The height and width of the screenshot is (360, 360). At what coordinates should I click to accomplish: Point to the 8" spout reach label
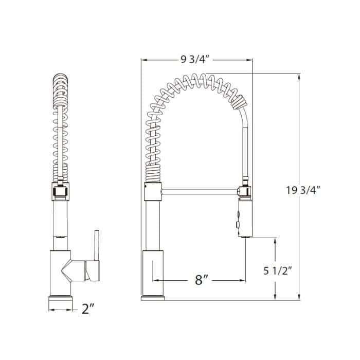pos(201,280)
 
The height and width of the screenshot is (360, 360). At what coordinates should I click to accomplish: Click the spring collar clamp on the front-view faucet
pos(60,193)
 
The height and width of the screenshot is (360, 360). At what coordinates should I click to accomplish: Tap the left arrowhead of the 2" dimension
pos(50,310)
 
